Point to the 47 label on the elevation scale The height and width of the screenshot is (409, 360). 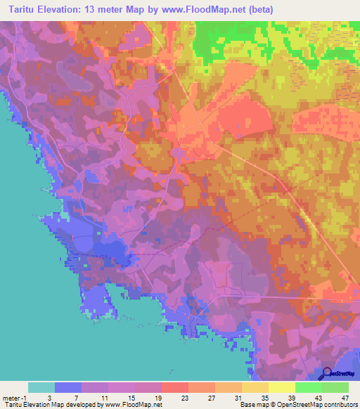tap(346, 397)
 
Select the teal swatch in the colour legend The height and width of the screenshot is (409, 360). tap(41, 387)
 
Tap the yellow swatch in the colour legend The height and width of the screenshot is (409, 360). tap(282, 387)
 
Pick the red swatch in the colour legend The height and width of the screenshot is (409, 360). tap(175, 387)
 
